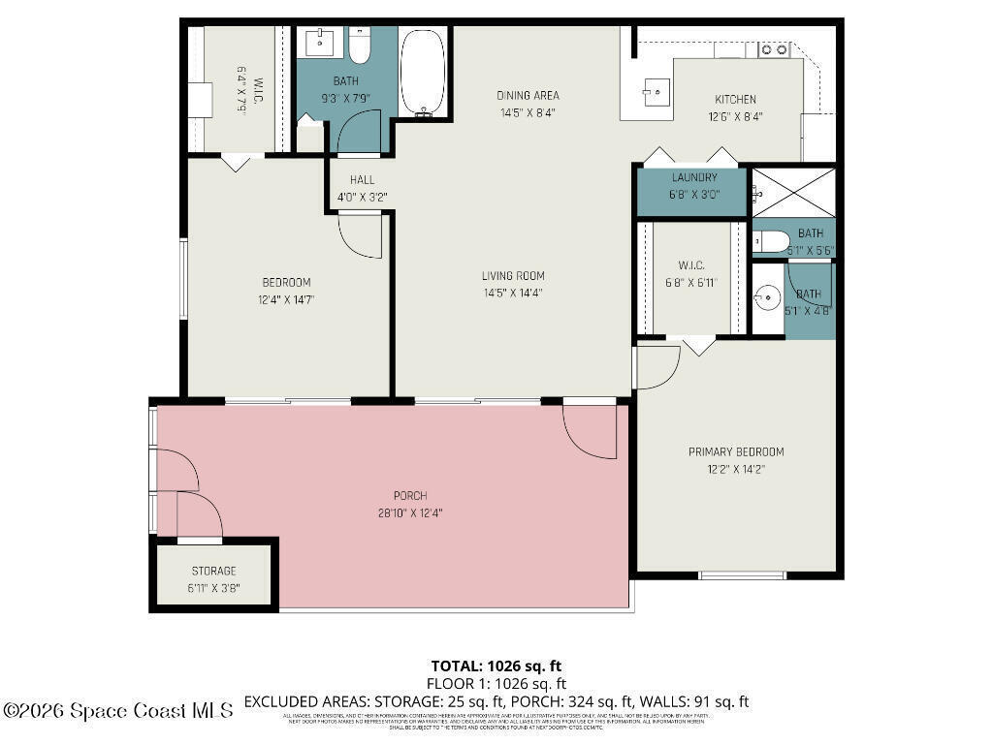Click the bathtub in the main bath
[424, 73]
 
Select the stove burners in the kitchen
[773, 47]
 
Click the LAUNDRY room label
[694, 177]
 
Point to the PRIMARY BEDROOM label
[736, 451]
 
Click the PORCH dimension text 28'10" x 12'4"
[411, 513]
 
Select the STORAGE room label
[213, 571]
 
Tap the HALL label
[362, 180]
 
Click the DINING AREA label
[528, 95]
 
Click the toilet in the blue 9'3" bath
[359, 46]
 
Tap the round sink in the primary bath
[768, 296]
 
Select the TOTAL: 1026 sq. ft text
[496, 666]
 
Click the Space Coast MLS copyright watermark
[117, 710]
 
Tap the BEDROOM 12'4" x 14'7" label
[286, 291]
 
